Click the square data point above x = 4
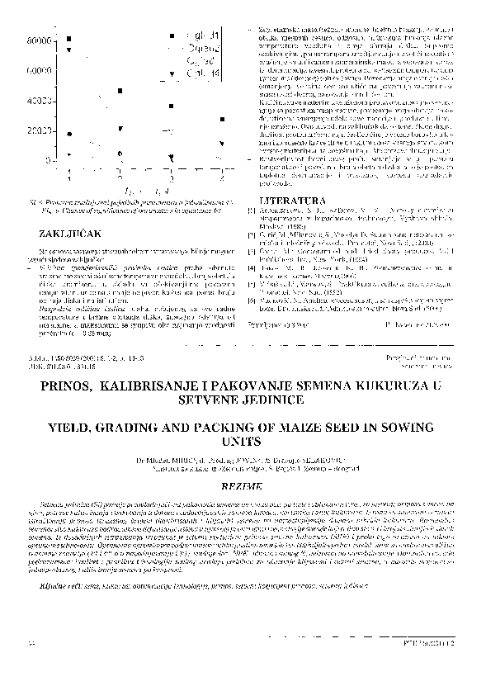pos(222,120)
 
